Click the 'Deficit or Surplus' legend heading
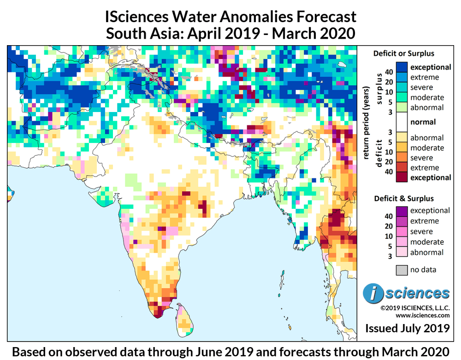click(403, 53)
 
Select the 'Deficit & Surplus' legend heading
click(403, 198)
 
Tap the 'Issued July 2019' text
click(407, 328)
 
